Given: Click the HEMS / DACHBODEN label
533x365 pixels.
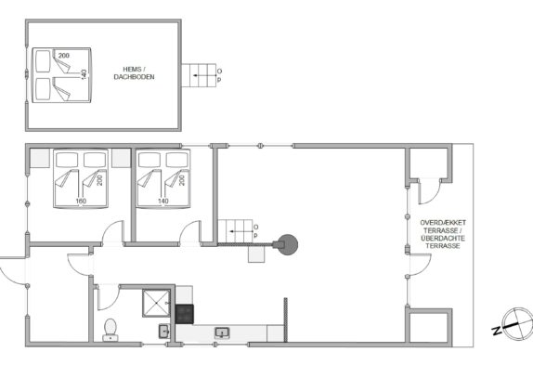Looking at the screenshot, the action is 134,73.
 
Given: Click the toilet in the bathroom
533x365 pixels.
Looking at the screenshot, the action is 110,330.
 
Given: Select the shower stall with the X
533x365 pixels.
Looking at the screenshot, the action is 156,303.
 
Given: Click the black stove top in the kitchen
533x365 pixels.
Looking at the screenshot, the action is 185,314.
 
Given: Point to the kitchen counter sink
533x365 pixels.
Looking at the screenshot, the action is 222,332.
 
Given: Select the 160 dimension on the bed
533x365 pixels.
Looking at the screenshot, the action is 81,202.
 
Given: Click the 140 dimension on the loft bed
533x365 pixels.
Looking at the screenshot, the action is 84,74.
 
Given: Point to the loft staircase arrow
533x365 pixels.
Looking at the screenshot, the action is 200,75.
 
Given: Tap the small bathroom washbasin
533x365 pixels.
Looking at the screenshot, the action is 163,331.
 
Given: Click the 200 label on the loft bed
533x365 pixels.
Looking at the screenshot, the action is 64,56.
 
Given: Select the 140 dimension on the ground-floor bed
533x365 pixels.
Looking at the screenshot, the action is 163,202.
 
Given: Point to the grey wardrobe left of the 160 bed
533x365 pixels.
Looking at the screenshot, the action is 40,158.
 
